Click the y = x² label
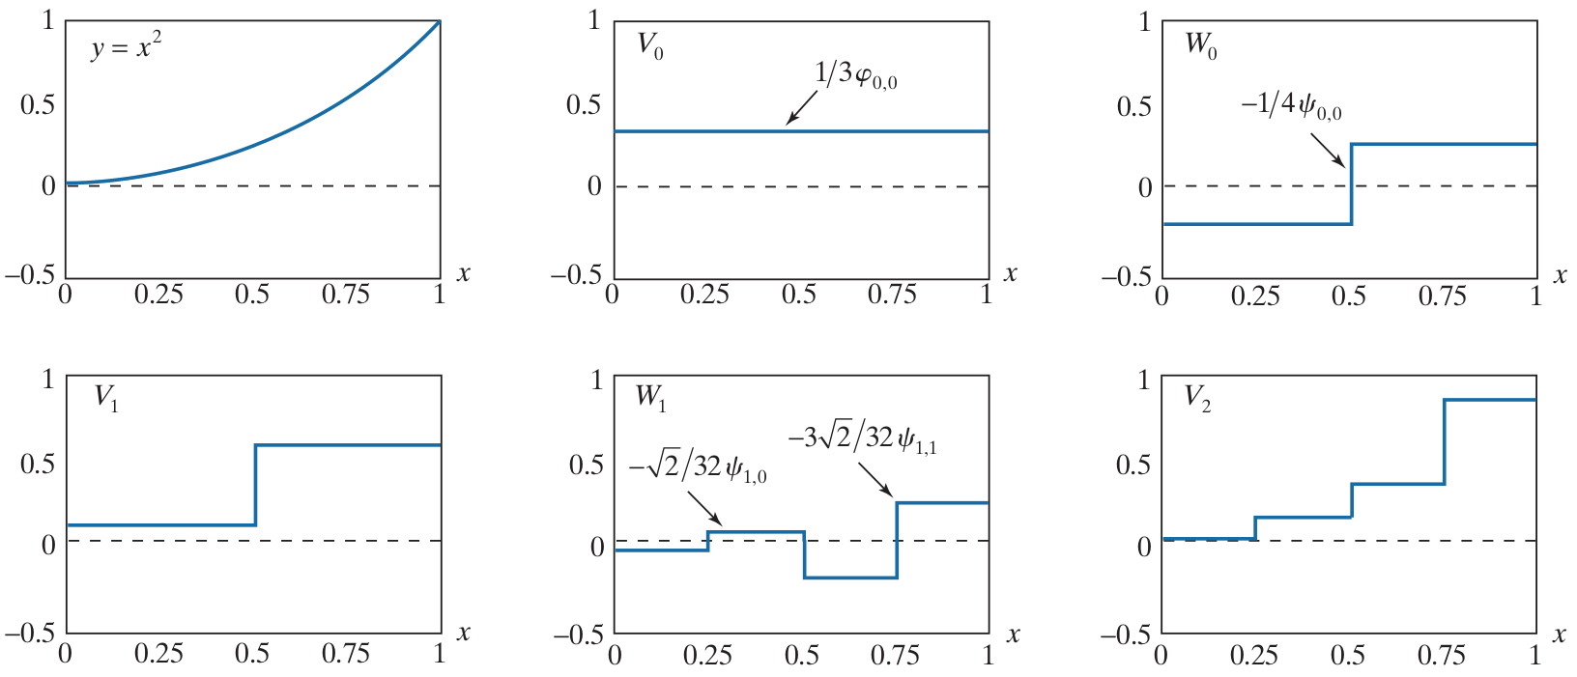click(x=126, y=46)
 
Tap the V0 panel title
click(x=649, y=45)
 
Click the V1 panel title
click(x=106, y=398)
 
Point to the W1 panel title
click(x=650, y=397)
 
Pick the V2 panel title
click(x=1197, y=398)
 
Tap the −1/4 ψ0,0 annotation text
click(x=1291, y=105)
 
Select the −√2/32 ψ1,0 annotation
click(x=699, y=468)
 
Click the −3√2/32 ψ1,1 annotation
click(x=862, y=439)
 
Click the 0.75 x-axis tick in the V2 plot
click(x=1442, y=656)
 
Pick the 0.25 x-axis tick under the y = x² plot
click(x=158, y=295)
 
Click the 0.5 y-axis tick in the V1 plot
click(x=37, y=464)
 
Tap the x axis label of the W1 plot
click(x=1014, y=635)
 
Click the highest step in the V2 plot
click(x=1489, y=400)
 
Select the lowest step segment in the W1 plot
click(x=849, y=578)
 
